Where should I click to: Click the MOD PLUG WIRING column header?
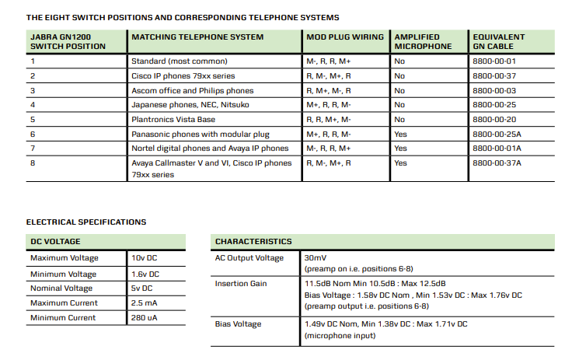[x=344, y=37]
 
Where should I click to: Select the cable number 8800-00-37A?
[x=497, y=163]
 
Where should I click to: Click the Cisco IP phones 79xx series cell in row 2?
[x=183, y=75]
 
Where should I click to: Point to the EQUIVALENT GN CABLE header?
[x=498, y=41]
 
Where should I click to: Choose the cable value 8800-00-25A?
[x=497, y=135]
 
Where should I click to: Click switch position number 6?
[x=33, y=135]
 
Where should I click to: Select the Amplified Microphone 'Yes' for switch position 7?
[x=400, y=149]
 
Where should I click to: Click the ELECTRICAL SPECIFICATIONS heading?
[x=86, y=222]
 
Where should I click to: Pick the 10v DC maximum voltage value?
[x=145, y=257]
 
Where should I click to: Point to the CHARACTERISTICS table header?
[x=253, y=242]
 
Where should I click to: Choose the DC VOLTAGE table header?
[x=55, y=242]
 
